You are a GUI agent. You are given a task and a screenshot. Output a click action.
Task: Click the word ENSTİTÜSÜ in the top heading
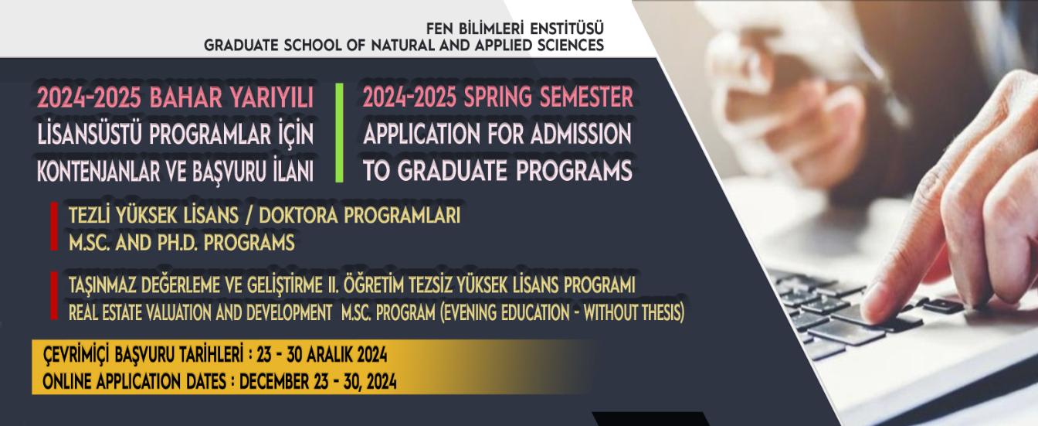pos(567,29)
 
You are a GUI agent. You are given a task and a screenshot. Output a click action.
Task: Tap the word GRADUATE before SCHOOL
pos(241,46)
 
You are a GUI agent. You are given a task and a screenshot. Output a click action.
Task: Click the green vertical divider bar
pos(339,133)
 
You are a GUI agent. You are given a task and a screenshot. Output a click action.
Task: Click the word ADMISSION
pos(581,134)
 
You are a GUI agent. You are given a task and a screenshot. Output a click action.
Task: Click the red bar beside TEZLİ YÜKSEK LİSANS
pos(54,226)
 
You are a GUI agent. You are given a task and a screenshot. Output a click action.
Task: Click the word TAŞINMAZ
pos(102,285)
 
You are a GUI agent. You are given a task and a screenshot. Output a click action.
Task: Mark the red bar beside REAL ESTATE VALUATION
pos(54,295)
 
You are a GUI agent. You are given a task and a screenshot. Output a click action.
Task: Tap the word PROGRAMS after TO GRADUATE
pos(574,171)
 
